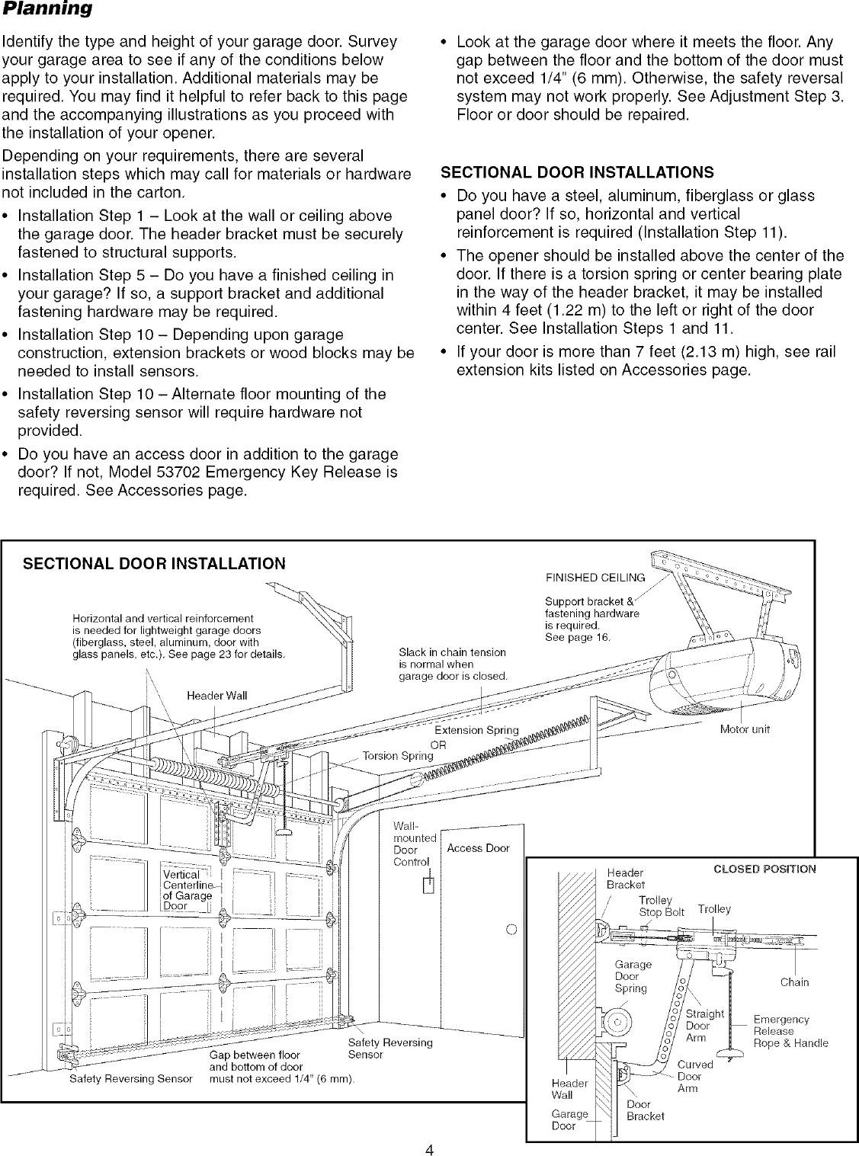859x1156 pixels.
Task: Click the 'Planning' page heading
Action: tap(47, 10)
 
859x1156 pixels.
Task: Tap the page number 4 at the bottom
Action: tap(429, 1129)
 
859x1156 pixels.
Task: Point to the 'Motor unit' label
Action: tap(745, 729)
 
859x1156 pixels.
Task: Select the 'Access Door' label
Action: tap(478, 848)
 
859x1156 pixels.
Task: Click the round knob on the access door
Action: tap(511, 929)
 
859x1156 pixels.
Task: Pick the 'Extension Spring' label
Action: tap(476, 730)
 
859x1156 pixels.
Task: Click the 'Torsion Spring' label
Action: tap(398, 756)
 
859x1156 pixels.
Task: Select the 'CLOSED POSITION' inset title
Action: tap(764, 869)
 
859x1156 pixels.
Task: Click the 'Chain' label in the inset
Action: tap(794, 982)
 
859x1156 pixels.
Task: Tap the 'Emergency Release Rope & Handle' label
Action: tap(790, 1031)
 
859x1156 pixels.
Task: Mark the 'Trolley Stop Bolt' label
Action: tap(661, 906)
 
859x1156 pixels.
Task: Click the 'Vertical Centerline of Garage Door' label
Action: tap(188, 890)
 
